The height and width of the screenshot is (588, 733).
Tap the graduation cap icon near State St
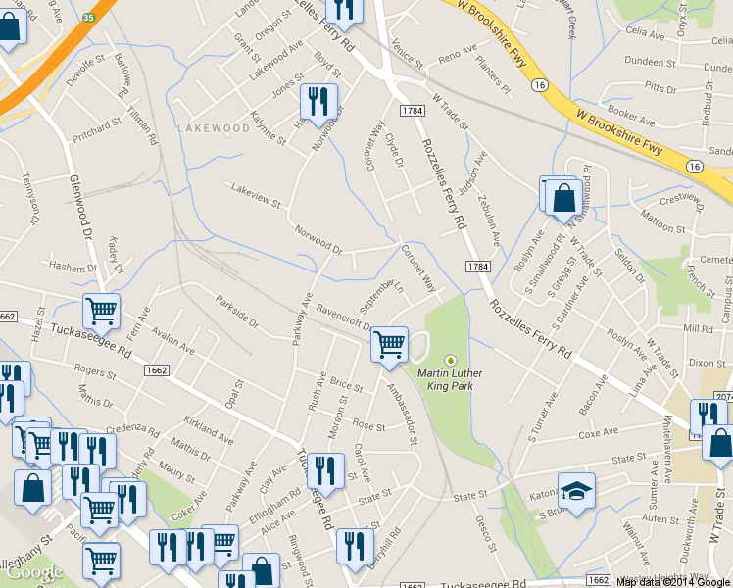click(576, 489)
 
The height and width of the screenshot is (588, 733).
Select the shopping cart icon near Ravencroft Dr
click(390, 344)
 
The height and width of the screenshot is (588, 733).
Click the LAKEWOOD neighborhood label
click(214, 128)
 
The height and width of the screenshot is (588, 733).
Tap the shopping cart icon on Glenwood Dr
click(101, 312)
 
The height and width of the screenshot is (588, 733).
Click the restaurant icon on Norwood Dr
click(318, 101)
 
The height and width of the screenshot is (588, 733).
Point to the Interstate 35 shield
click(87, 17)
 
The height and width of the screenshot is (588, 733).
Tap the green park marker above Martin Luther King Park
click(451, 359)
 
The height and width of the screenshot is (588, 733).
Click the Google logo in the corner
click(34, 572)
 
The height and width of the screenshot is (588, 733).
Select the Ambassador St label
click(401, 406)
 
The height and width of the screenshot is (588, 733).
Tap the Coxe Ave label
click(604, 433)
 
